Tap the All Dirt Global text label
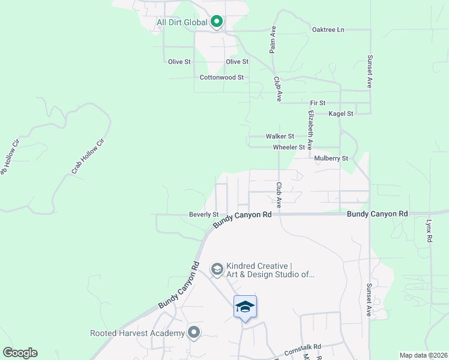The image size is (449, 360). point(182,23)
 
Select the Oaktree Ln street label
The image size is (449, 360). point(328,29)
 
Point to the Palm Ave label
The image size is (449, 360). point(273,40)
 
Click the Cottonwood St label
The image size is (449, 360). point(221,77)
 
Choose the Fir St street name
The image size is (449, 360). point(318,103)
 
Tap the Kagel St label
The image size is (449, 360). point(341,113)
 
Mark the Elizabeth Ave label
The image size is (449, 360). point(310,130)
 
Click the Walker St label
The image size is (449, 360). point(280,137)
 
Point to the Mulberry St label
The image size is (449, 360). point(331,158)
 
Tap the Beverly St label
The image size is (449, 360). point(203,214)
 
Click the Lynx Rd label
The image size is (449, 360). point(429,230)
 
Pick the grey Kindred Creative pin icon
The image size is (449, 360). point(217,268)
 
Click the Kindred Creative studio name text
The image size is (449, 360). point(270,270)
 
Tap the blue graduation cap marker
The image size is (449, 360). point(245,307)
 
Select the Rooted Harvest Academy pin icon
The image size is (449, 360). point(193,332)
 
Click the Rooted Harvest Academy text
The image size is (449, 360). point(137,333)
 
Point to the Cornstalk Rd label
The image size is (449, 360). point(303,346)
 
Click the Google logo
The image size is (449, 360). point(20,353)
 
